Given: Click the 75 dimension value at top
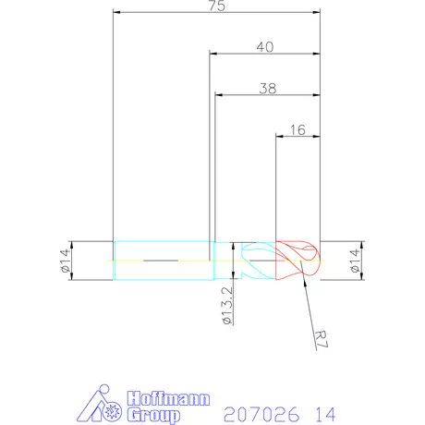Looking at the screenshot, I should pos(218,6).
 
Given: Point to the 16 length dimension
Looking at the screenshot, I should pos(297,130).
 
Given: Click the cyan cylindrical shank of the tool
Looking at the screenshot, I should pos(162,261).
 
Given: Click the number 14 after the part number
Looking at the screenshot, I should pos(324,412).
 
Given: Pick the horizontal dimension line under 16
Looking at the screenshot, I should pos(297,138).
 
